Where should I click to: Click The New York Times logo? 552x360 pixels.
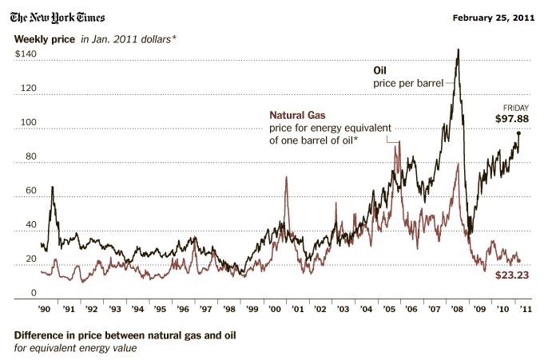58,17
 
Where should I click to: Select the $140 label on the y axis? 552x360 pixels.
26,53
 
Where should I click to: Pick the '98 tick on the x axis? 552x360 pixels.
230,307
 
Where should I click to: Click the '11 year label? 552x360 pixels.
526,307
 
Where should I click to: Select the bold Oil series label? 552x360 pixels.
380,69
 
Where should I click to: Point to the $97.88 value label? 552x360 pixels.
512,118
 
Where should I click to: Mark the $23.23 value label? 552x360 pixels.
512,274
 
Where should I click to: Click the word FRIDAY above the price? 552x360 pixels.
515,107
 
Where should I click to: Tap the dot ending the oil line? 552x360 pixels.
518,133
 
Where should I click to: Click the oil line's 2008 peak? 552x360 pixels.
458,50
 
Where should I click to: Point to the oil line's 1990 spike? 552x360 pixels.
53,188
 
